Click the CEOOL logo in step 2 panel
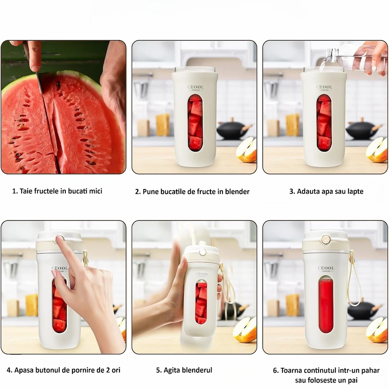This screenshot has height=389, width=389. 196,87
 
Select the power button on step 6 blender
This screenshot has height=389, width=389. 326,239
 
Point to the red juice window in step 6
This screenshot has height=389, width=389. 326,305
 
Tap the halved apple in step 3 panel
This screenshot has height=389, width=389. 377,150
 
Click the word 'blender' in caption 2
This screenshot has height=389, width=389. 237,191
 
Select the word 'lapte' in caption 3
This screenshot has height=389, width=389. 354,191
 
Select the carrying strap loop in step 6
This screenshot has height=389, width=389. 353,278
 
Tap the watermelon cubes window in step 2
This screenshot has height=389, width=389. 195,123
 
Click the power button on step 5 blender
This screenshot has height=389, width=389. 203,252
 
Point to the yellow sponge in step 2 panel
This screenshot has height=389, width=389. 163,125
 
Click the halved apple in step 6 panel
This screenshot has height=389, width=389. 377,329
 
